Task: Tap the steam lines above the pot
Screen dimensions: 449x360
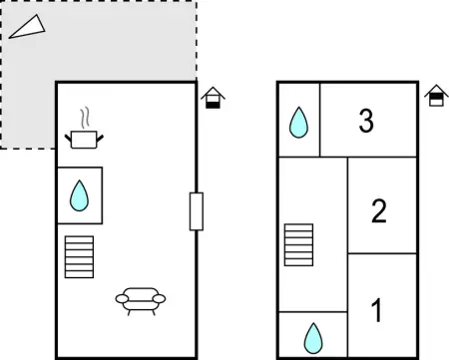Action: (x=86, y=118)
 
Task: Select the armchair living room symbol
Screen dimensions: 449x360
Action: (x=141, y=301)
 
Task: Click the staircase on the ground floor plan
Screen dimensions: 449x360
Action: (x=79, y=257)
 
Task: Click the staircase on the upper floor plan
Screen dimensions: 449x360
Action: (x=298, y=245)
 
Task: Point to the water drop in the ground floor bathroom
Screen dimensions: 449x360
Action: (x=79, y=195)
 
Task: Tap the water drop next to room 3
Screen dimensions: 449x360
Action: (x=298, y=123)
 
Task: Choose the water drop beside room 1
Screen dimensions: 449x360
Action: (x=313, y=338)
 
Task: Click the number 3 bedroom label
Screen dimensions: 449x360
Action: (x=366, y=121)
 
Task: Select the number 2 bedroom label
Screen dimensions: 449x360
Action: (x=379, y=210)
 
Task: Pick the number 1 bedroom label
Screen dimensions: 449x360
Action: (x=377, y=310)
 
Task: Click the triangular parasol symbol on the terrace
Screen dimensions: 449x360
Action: (x=27, y=27)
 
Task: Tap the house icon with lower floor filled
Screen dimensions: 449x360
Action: (x=213, y=98)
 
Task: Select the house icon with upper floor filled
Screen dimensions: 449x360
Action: (x=436, y=96)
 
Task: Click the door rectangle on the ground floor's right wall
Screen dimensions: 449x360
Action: (x=197, y=211)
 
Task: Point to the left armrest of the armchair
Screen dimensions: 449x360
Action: (x=122, y=298)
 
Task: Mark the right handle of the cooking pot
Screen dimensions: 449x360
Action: (x=100, y=138)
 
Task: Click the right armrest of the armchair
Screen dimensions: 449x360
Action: (x=159, y=298)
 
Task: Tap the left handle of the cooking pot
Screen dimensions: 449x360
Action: (x=68, y=138)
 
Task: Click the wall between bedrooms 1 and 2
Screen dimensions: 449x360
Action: (x=382, y=253)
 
